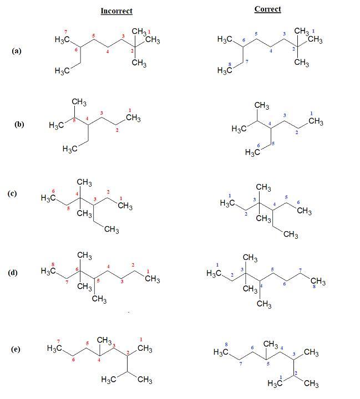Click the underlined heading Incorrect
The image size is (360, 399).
[x=116, y=11]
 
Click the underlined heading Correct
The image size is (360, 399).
[x=267, y=9]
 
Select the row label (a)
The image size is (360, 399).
[x=17, y=50]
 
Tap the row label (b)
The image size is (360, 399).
[x=19, y=124]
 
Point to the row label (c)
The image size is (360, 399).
[x=12, y=193]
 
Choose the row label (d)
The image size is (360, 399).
[x=12, y=272]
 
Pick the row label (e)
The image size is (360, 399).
[x=16, y=349]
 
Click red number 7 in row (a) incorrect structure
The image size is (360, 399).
[x=65, y=32]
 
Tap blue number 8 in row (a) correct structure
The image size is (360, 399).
[x=230, y=65]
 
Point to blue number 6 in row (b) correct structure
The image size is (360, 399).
[x=258, y=146]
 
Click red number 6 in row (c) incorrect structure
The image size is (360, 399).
[x=53, y=191]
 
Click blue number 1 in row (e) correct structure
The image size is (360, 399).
[x=281, y=377]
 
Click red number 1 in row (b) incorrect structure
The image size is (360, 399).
[x=129, y=110]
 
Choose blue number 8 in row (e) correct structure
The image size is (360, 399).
[x=227, y=345]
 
